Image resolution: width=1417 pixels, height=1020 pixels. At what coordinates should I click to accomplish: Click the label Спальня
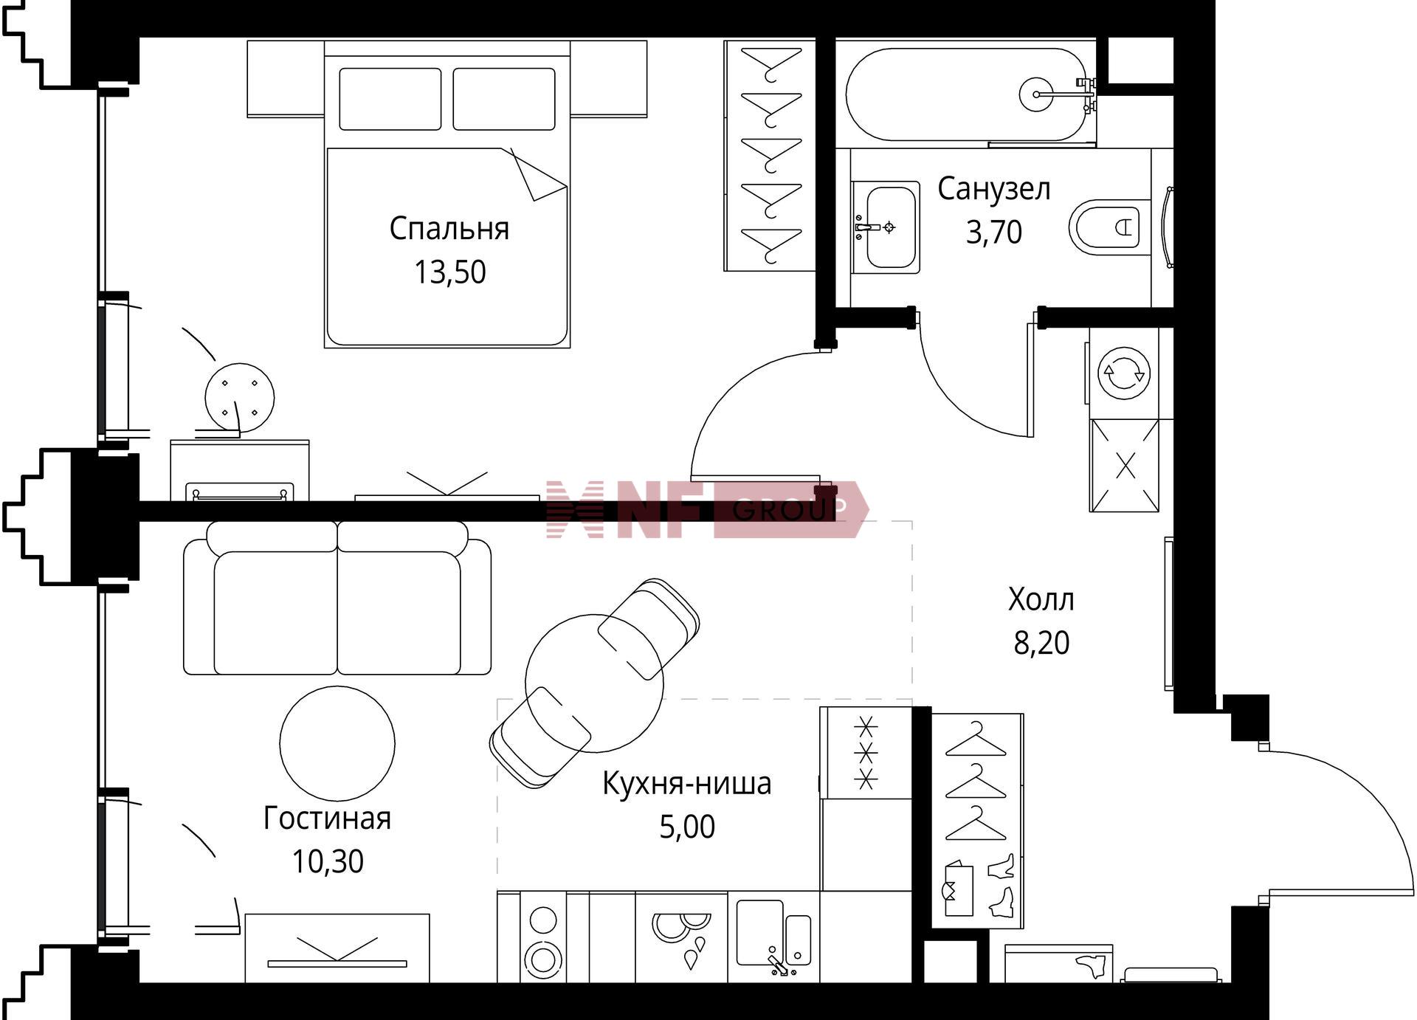coord(449,230)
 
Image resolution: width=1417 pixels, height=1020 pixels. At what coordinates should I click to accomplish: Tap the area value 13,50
coord(449,272)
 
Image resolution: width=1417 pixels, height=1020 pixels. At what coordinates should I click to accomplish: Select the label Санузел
coord(994,190)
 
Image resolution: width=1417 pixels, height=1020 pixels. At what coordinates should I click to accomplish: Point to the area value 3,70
coord(994,232)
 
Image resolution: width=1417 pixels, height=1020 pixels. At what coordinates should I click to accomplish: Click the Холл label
coord(1041,599)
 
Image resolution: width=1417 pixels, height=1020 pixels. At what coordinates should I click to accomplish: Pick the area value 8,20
coord(1041,643)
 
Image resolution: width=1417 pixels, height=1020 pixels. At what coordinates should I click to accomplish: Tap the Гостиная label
coord(327,819)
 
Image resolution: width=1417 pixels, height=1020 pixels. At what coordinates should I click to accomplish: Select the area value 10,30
coord(328,861)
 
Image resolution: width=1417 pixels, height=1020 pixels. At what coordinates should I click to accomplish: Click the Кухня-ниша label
coord(687,784)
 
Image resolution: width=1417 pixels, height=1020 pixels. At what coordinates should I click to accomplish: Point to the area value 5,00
coord(687,827)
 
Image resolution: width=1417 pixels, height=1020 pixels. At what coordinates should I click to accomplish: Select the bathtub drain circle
coord(1037,94)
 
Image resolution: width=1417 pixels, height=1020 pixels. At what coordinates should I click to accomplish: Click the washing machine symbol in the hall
coord(1123,373)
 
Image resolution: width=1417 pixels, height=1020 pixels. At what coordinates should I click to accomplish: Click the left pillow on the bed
coord(390,99)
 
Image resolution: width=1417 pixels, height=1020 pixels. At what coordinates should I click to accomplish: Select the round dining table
coord(594,683)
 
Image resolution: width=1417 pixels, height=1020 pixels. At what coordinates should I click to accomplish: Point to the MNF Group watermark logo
coord(707,509)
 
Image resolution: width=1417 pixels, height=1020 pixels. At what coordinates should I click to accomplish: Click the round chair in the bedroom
coord(240,397)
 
